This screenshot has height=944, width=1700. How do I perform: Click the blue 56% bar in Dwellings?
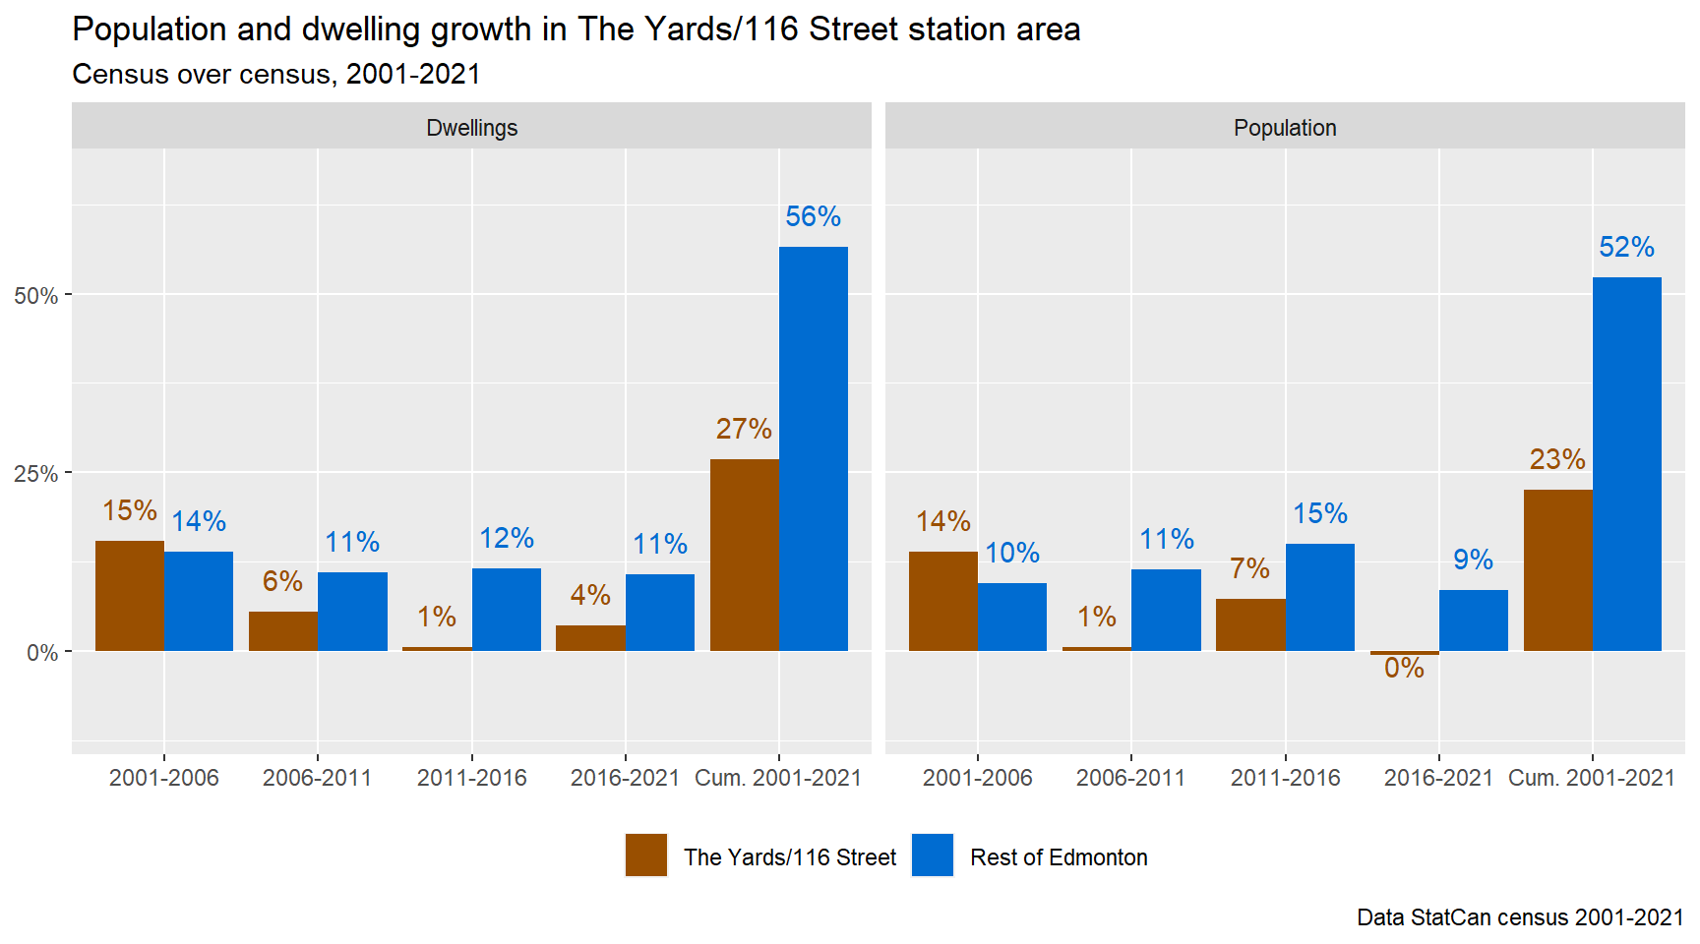tap(813, 448)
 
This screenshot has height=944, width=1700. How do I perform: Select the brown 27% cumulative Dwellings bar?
tap(744, 555)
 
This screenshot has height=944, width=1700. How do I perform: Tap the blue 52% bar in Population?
tap(1626, 464)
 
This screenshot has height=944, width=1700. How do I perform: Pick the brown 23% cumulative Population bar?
tap(1557, 570)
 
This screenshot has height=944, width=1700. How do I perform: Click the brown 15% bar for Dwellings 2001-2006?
tap(130, 596)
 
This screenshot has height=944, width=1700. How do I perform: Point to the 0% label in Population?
tap(1404, 669)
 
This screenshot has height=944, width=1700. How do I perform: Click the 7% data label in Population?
tap(1249, 568)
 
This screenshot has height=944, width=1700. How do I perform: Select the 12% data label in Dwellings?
tap(507, 538)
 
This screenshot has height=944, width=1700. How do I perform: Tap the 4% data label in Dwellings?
tap(590, 595)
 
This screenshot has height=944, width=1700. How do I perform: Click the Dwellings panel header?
tap(471, 128)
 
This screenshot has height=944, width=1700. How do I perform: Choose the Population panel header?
tap(1285, 128)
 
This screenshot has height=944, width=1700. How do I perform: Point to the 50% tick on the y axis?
tap(36, 295)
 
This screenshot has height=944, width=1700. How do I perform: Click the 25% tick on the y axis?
tap(36, 474)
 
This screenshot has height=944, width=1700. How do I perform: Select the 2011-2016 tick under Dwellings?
tap(471, 778)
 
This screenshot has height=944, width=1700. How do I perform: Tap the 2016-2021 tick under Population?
tap(1438, 778)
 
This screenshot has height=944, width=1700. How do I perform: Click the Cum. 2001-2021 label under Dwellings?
tap(778, 778)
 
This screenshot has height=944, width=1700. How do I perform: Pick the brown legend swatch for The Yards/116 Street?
tap(646, 855)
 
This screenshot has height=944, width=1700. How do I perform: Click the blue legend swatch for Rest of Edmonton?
tap(933, 855)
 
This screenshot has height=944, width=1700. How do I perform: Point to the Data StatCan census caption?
tap(1520, 917)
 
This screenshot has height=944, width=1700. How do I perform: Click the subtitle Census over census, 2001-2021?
tap(276, 75)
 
